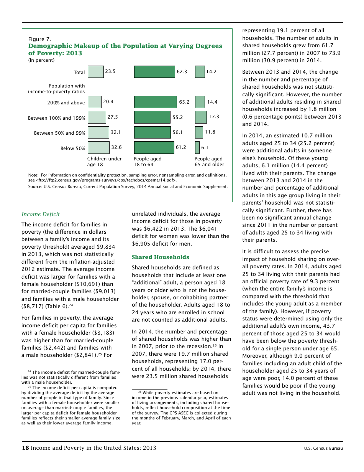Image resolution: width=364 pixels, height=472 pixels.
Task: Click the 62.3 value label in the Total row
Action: pos(182,71)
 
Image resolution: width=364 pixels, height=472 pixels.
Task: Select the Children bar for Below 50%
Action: pos(98,148)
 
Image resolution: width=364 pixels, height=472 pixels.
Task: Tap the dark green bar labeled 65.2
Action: pos(155,102)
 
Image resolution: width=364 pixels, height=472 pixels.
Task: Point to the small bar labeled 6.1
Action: pos(197,148)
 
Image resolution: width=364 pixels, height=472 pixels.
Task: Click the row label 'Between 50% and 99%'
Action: pos(59,133)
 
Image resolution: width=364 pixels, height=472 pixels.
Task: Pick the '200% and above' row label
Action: pos(66,103)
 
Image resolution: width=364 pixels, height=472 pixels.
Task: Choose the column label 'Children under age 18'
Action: pos(104,162)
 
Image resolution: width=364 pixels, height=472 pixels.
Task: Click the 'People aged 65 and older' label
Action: pos(209,162)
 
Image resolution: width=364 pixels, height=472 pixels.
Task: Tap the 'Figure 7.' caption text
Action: pos(39,39)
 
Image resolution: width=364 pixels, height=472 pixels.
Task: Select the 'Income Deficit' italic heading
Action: pos(41,214)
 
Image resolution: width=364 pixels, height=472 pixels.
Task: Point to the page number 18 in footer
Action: pos(25,448)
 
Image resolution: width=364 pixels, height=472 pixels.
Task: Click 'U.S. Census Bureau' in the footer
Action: pos(323,448)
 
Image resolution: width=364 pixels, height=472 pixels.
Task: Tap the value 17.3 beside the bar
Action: pos(214,117)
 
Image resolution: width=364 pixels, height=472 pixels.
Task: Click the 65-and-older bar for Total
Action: pos(200,72)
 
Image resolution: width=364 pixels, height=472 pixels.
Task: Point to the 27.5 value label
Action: pos(112,117)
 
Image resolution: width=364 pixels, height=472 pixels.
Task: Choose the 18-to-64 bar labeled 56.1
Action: pos(152,132)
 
